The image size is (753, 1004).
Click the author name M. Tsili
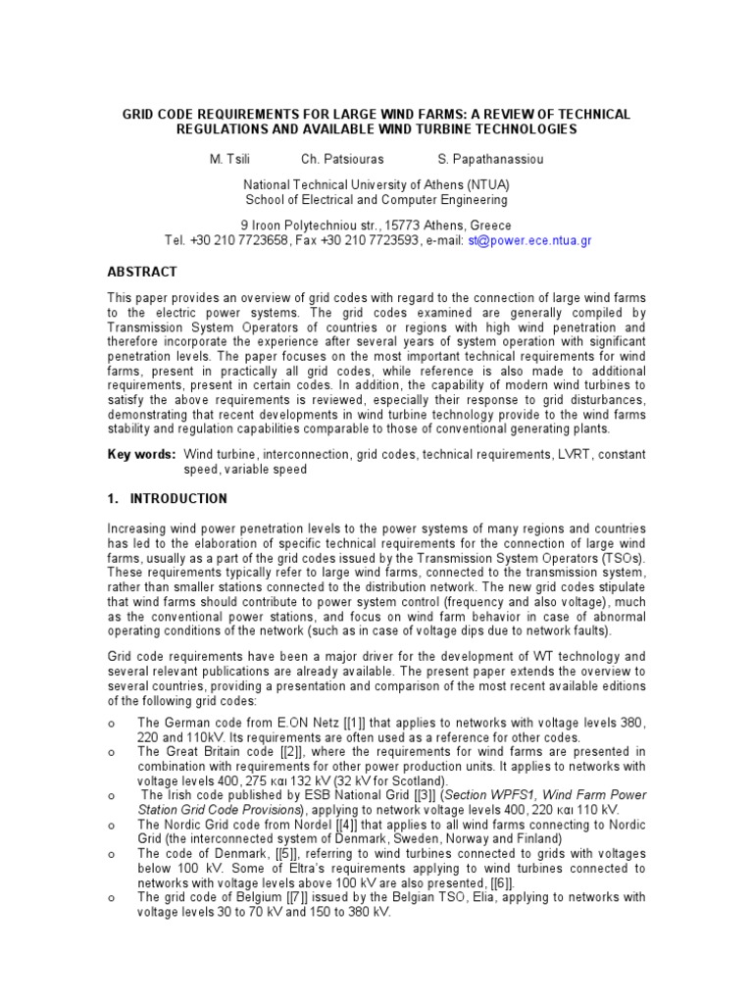(233, 159)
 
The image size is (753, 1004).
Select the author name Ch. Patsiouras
(342, 159)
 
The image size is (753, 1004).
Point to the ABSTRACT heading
(142, 272)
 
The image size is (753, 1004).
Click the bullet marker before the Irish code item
(112, 796)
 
